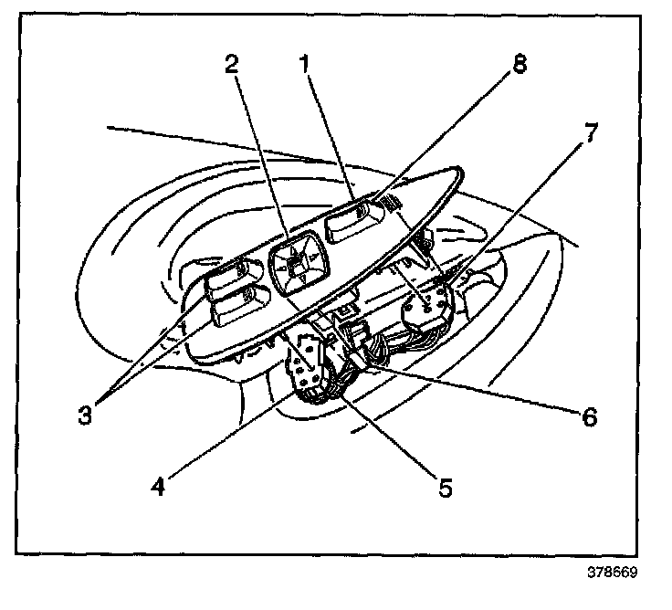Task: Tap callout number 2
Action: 232,66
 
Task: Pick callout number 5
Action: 444,486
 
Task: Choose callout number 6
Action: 589,417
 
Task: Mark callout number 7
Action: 591,133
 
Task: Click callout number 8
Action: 518,67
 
